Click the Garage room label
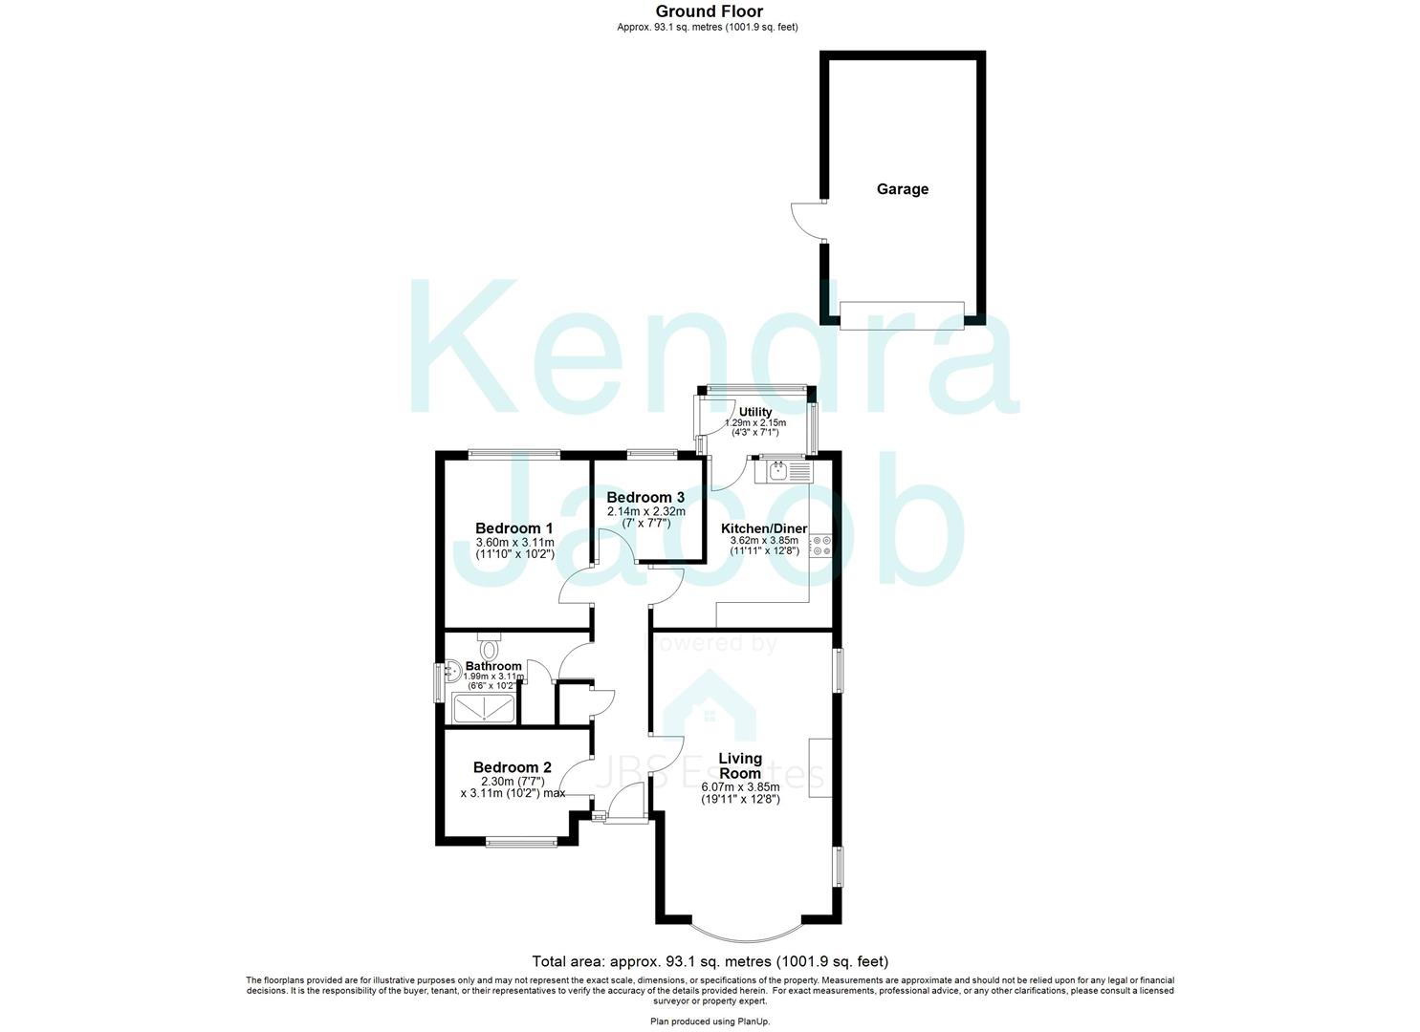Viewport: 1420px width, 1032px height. (902, 189)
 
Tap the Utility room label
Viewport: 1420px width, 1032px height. (754, 412)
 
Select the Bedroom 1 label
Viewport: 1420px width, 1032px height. (514, 528)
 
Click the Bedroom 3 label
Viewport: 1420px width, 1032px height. (645, 498)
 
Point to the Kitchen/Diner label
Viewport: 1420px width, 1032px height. (763, 528)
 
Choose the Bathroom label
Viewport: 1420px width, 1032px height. (493, 666)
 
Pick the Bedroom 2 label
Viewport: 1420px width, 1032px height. (513, 767)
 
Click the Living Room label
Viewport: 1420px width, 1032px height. (740, 765)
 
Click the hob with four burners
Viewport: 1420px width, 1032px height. (820, 546)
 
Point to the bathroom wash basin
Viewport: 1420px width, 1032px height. (452, 673)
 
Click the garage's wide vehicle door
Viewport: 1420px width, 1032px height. (902, 315)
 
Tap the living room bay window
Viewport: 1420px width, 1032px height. (745, 930)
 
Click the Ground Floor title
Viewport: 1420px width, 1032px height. (709, 11)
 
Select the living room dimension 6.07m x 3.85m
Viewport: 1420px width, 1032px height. (740, 787)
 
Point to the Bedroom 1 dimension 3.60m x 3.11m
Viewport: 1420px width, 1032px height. (514, 542)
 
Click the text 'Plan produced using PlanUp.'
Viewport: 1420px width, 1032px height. (709, 1021)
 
